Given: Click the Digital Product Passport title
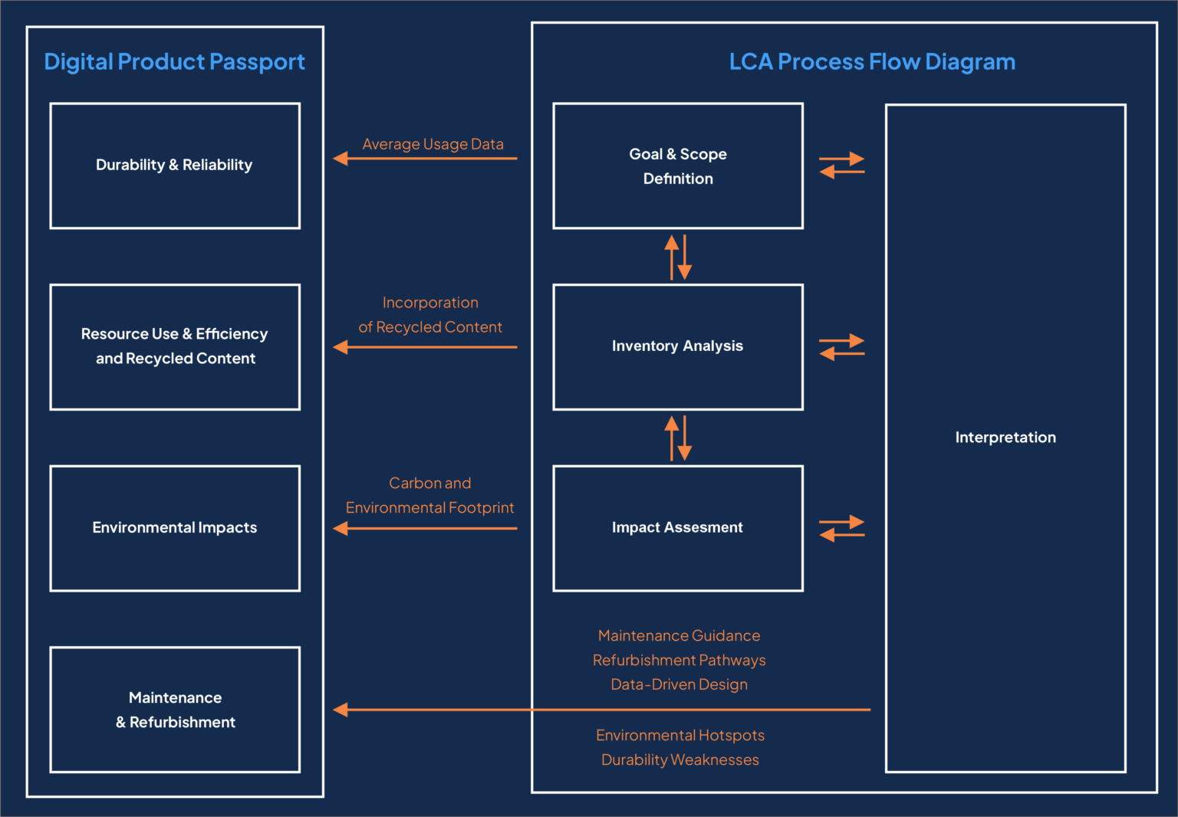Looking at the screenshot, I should pyautogui.click(x=174, y=61).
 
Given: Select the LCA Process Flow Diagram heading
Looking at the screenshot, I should pyautogui.click(x=872, y=61).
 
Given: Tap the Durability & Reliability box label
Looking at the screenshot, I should pyautogui.click(x=174, y=165).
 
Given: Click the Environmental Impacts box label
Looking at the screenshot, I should pyautogui.click(x=174, y=527).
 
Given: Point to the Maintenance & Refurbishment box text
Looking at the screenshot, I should pyautogui.click(x=175, y=710).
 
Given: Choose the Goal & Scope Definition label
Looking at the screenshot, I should pyautogui.click(x=678, y=166).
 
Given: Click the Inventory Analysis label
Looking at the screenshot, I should pyautogui.click(x=677, y=346).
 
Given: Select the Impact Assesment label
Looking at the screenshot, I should pyautogui.click(x=677, y=527).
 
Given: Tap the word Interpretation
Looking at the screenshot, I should pyautogui.click(x=1005, y=438).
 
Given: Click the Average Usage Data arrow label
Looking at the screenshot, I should pyautogui.click(x=433, y=144).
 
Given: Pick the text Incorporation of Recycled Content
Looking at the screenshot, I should pyautogui.click(x=430, y=315).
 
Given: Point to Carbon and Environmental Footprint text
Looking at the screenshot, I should pyautogui.click(x=429, y=495).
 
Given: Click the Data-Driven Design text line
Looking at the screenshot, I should pyautogui.click(x=679, y=684).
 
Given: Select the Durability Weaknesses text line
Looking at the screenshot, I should pyautogui.click(x=679, y=760).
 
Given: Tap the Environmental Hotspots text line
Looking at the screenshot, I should pyautogui.click(x=679, y=735).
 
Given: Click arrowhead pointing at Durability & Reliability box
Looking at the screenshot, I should pyautogui.click(x=341, y=159).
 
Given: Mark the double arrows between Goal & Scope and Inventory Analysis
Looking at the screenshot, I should pyautogui.click(x=678, y=257).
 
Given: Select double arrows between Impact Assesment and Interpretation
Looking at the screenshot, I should pyautogui.click(x=841, y=528).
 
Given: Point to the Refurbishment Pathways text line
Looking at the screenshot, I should pyautogui.click(x=679, y=660).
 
